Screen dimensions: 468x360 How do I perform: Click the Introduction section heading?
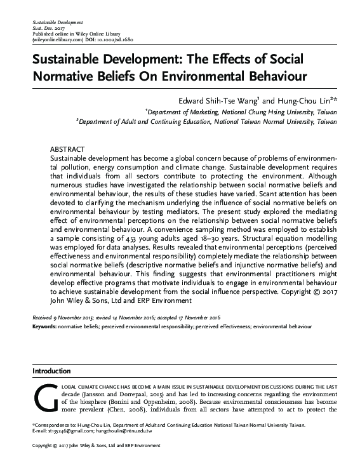point(54,370)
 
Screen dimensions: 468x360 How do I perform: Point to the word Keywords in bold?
point(44,326)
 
